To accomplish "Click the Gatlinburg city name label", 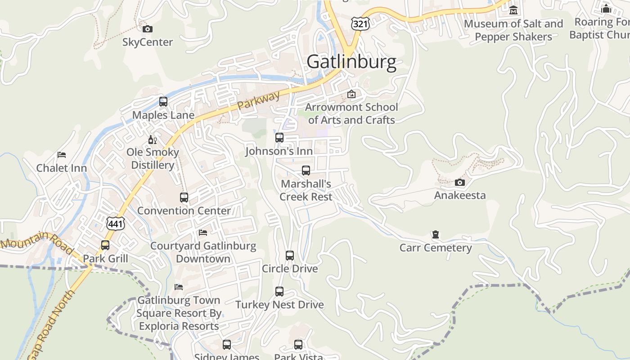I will (x=351, y=62).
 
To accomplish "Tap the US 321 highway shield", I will (x=361, y=24).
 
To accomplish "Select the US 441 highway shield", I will (x=115, y=223).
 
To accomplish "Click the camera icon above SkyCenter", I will (x=148, y=29).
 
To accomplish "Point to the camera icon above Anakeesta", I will (x=459, y=182).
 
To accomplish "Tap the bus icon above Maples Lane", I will (x=163, y=102).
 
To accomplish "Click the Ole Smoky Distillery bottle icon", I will (x=153, y=140).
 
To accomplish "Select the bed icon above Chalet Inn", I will (x=62, y=155).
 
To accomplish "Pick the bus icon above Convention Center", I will (x=184, y=198).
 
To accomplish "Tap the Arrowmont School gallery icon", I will (x=351, y=94).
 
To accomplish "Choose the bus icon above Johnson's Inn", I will (x=279, y=138).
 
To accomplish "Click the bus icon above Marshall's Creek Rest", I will (x=306, y=171).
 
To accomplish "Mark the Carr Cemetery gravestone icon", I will (x=435, y=234).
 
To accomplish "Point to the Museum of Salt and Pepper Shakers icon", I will (x=513, y=10).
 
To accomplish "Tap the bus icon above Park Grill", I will (x=105, y=245).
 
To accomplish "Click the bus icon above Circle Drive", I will (x=290, y=256).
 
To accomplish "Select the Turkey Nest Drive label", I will (x=279, y=305).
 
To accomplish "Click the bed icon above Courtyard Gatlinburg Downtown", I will (x=203, y=233).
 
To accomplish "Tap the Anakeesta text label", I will (x=459, y=195).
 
